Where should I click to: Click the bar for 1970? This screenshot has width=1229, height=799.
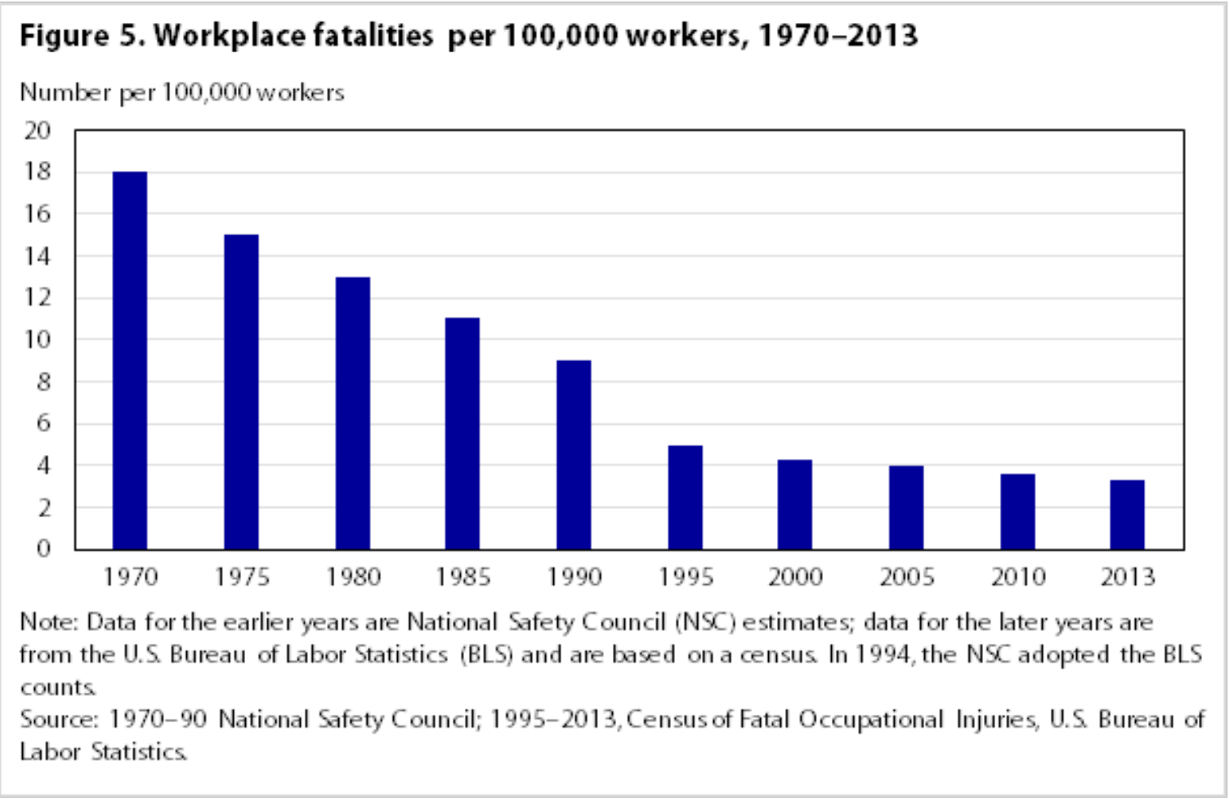[130, 360]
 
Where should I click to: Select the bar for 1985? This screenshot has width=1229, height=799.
[463, 433]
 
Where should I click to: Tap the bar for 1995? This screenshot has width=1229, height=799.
[685, 497]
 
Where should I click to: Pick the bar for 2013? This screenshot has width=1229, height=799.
[1127, 515]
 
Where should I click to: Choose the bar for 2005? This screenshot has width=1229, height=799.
[906, 507]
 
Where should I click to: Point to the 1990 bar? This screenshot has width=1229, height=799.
[574, 454]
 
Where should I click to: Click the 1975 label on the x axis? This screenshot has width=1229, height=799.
[242, 578]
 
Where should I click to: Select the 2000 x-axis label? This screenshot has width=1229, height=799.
[795, 578]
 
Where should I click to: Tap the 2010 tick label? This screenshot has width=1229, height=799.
[1018, 578]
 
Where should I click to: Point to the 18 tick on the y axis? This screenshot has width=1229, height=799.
[38, 172]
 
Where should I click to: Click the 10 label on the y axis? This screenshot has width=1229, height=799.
[38, 339]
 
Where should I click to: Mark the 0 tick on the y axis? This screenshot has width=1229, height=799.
[43, 548]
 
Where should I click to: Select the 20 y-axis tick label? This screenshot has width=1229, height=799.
[38, 130]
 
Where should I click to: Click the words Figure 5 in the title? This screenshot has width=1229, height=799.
[81, 36]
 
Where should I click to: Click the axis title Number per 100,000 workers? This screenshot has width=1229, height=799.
[182, 92]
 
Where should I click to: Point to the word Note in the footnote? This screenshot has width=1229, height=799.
[47, 623]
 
